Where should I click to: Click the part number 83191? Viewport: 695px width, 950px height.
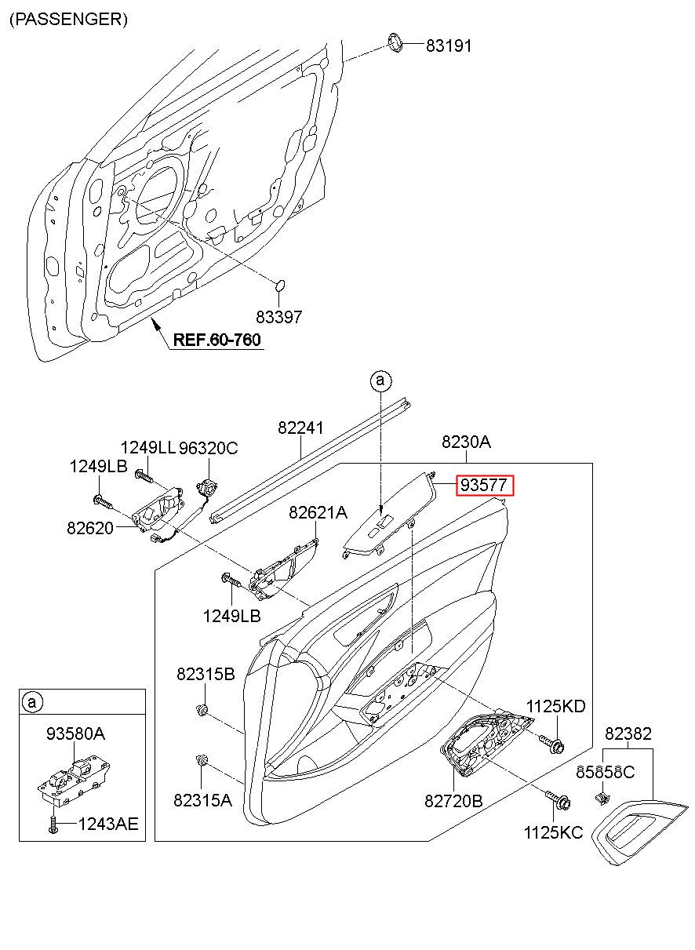[x=449, y=45]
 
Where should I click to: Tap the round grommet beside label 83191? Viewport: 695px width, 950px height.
[x=396, y=42]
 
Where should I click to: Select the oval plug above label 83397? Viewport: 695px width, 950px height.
[x=279, y=286]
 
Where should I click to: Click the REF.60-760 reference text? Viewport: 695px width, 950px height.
[x=217, y=340]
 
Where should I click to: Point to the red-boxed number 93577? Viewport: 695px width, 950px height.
[x=484, y=486]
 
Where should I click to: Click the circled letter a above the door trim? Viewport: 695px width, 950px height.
[x=380, y=380]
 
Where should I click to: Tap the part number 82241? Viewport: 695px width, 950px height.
[x=300, y=428]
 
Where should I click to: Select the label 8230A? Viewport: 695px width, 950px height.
[x=466, y=442]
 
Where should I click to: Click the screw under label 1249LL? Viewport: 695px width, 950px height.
[x=144, y=477]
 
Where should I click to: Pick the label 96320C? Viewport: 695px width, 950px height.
[x=208, y=448]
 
